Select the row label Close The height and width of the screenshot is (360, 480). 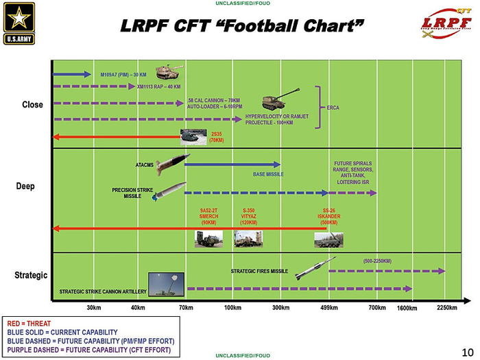[x=32, y=105]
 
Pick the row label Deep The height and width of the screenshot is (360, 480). [x=25, y=186]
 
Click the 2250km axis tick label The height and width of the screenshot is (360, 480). [x=447, y=307]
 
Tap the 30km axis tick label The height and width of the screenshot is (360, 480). [x=94, y=307]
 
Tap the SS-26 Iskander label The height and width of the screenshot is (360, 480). [x=329, y=216]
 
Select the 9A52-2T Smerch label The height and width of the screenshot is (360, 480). [x=209, y=216]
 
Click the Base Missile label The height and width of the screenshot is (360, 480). [x=268, y=174]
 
